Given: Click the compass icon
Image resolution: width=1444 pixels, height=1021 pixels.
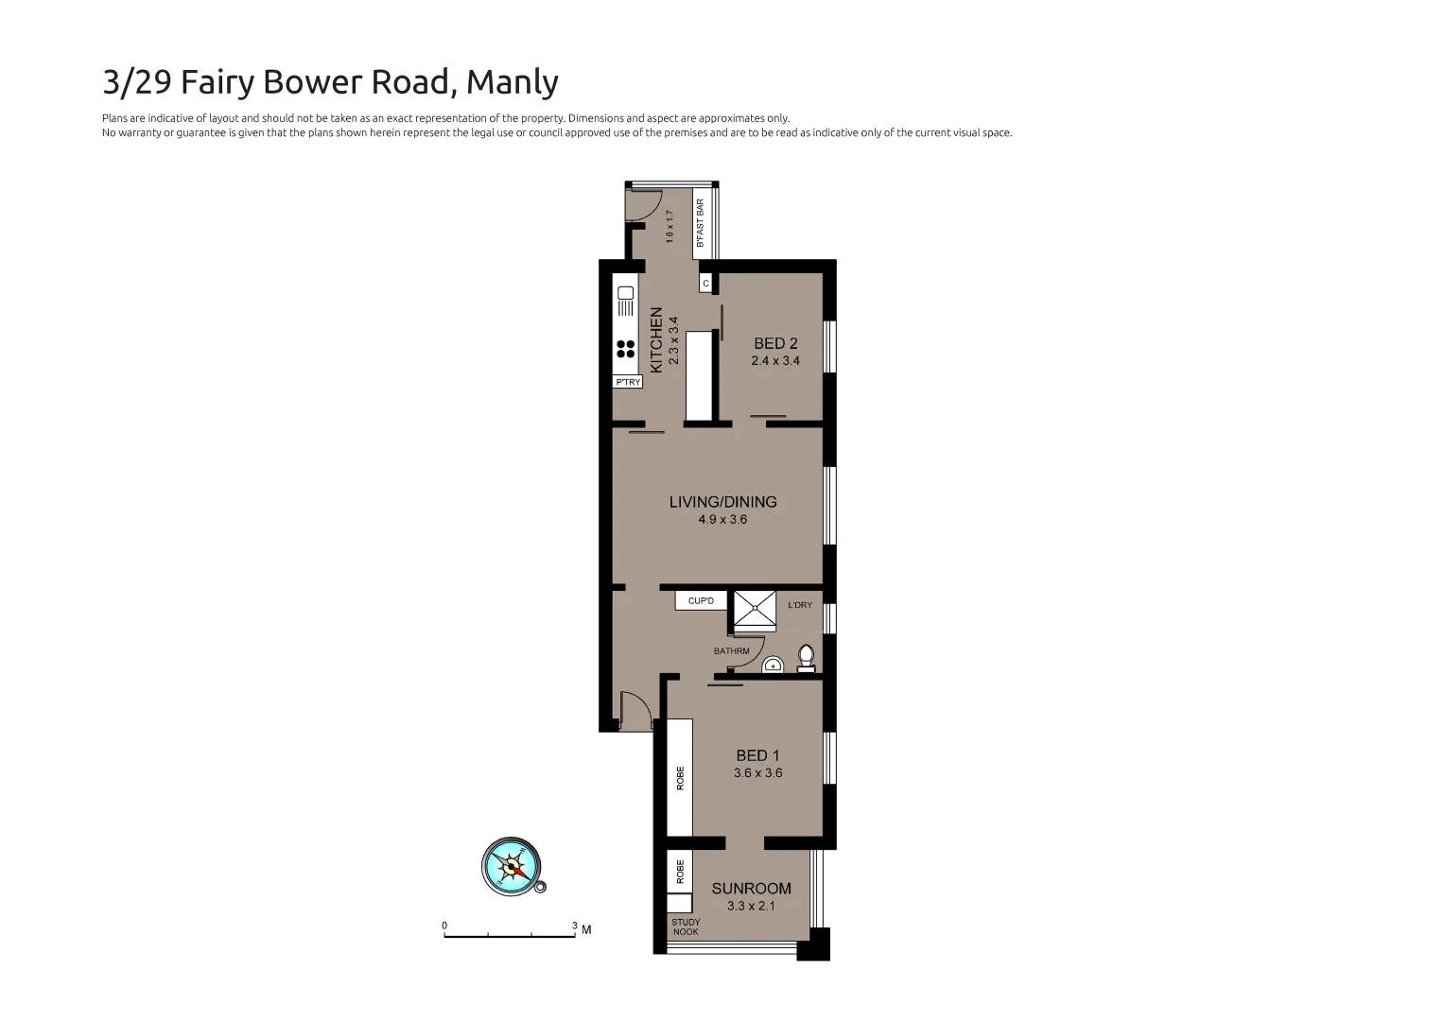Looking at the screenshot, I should (x=512, y=865).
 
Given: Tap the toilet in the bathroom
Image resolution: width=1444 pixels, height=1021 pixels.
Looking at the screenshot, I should (x=806, y=658).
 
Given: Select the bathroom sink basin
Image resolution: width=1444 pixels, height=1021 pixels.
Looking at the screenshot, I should (x=774, y=666).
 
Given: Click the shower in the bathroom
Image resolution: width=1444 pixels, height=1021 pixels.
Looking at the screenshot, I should (x=755, y=611).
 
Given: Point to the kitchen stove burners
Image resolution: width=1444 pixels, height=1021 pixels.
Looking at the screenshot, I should (x=625, y=349).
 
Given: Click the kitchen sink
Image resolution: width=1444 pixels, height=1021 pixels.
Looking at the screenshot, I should (x=625, y=302).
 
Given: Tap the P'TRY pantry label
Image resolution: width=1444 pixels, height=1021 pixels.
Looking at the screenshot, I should (x=628, y=382).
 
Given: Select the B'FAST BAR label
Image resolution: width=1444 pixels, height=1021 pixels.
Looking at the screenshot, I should (x=701, y=223).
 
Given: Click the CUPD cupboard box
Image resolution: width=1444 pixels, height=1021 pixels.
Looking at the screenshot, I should (x=701, y=601).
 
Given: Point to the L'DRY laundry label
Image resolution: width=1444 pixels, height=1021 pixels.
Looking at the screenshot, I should (x=800, y=605).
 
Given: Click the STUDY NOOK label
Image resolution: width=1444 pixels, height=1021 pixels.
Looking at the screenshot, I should (x=686, y=927).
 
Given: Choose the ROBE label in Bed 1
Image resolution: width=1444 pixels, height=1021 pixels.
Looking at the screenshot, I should (x=680, y=778).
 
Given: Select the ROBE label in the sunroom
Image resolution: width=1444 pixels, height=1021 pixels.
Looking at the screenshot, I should (x=680, y=872).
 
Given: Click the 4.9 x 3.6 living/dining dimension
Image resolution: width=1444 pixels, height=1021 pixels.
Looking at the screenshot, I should (x=722, y=519).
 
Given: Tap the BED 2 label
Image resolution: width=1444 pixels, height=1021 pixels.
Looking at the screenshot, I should (x=775, y=343).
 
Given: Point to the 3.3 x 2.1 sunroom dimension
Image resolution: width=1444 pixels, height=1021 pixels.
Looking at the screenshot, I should (x=751, y=906).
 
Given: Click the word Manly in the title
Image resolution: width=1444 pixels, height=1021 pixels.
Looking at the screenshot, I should (x=513, y=82).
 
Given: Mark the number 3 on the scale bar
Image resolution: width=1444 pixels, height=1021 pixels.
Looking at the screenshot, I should (x=574, y=926).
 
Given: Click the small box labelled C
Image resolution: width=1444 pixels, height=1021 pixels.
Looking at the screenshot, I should (x=705, y=283).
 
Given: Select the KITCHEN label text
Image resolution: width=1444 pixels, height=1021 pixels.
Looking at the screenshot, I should (x=656, y=339).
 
